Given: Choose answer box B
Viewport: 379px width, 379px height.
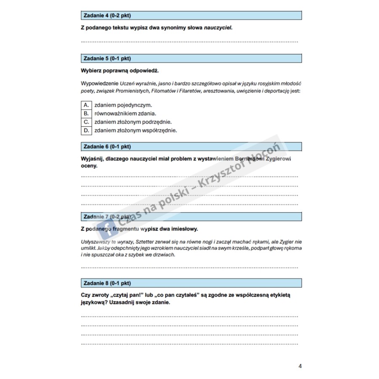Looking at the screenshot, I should [85, 113].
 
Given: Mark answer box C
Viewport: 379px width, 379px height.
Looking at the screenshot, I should [85, 122].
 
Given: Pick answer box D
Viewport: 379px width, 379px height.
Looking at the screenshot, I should [85, 131].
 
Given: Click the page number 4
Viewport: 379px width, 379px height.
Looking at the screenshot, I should [300, 366].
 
